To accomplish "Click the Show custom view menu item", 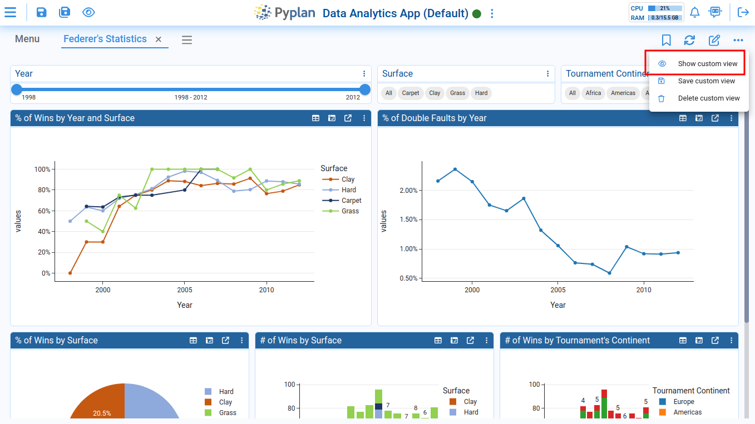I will pyautogui.click(x=707, y=64).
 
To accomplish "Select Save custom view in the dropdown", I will pyautogui.click(x=706, y=81).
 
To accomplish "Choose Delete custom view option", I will pyautogui.click(x=708, y=98).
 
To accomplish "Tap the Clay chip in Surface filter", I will pyautogui.click(x=435, y=93).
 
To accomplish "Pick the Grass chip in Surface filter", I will pyautogui.click(x=458, y=93).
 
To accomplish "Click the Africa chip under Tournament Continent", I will pyautogui.click(x=593, y=93).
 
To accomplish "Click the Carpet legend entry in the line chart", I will pyautogui.click(x=351, y=201).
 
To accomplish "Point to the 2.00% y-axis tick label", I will pyautogui.click(x=408, y=191).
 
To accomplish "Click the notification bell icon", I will pyautogui.click(x=694, y=12).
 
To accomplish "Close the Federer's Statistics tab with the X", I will pyautogui.click(x=159, y=39).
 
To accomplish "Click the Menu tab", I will pyautogui.click(x=27, y=39).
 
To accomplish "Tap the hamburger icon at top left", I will pyautogui.click(x=10, y=12).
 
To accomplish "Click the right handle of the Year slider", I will pyautogui.click(x=365, y=89).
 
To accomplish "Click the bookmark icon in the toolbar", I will pyautogui.click(x=666, y=40).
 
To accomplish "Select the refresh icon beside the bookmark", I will pyautogui.click(x=690, y=40).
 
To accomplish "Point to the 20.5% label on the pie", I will pyautogui.click(x=102, y=413).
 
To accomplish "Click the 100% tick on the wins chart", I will pyautogui.click(x=42, y=169).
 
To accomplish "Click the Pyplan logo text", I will pyautogui.click(x=295, y=13).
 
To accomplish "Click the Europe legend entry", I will pyautogui.click(x=683, y=402).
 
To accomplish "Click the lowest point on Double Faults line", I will pyautogui.click(x=609, y=273).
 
